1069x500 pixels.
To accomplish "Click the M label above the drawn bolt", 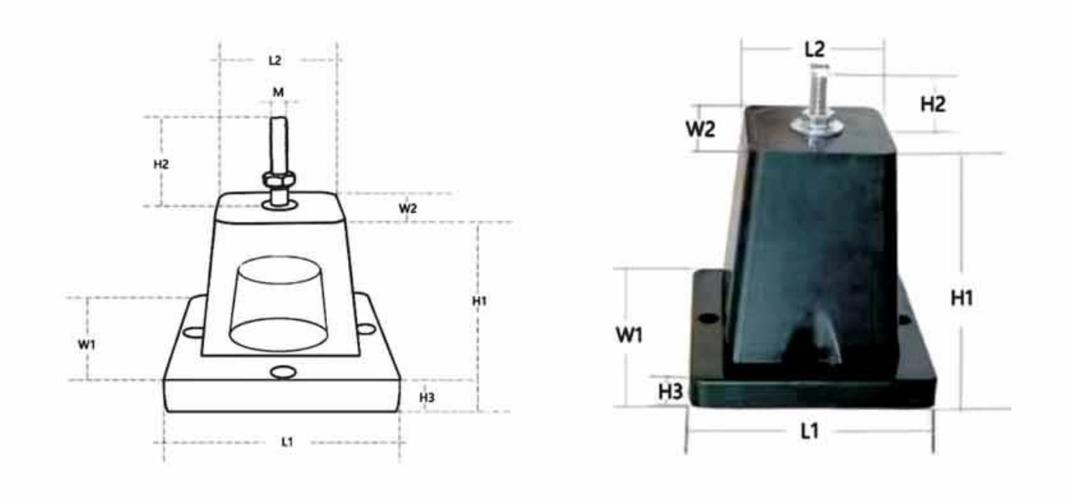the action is [x=278, y=92].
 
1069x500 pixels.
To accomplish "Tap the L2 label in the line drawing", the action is [x=275, y=61].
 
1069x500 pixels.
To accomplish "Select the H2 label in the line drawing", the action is [x=161, y=165].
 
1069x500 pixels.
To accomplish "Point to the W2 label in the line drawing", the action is [x=407, y=208].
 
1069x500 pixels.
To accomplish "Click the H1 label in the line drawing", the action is [x=479, y=301].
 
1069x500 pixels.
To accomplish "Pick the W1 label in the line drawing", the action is [x=86, y=344].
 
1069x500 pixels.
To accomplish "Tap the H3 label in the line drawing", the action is [x=427, y=397].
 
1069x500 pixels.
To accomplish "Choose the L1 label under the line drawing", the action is [x=287, y=442].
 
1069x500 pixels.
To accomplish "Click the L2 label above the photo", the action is [x=814, y=49].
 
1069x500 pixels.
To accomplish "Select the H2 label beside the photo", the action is [x=933, y=104].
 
